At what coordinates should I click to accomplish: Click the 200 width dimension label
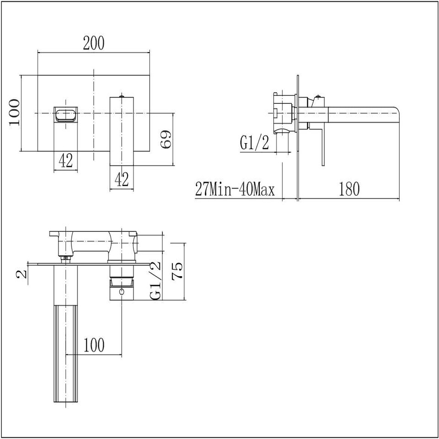coord(93,43)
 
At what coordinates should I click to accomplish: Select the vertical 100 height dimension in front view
coord(15,112)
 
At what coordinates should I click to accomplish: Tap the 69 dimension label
coord(166,139)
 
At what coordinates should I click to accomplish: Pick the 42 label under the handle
coord(122,179)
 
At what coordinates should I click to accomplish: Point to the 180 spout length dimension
coord(349,189)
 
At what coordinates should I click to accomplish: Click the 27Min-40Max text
coord(235,189)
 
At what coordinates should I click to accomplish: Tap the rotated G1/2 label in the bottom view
coord(155,280)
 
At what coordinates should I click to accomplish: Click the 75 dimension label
coord(177,270)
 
